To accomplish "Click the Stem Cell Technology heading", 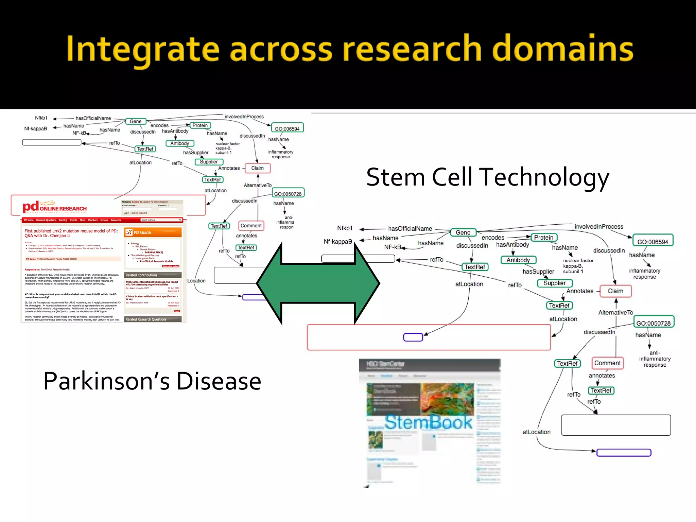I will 487,177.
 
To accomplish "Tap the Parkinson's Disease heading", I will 152,381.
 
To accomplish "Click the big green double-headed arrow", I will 318,283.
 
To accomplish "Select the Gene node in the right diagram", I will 463,232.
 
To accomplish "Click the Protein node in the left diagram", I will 200,125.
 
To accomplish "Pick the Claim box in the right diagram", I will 615,291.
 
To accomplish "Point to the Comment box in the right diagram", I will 607,363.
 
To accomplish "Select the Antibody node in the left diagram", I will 180,143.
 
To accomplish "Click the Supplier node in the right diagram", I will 554,283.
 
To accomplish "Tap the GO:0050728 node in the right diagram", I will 653,323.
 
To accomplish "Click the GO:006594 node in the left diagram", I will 287,128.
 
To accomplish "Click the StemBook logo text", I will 428,422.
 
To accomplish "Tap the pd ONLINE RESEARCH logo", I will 54,207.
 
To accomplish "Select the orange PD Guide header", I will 153,232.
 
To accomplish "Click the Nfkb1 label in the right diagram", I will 345,228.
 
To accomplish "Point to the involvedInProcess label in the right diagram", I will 598,226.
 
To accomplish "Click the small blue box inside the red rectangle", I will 413,337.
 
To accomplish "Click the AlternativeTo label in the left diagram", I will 257,185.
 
